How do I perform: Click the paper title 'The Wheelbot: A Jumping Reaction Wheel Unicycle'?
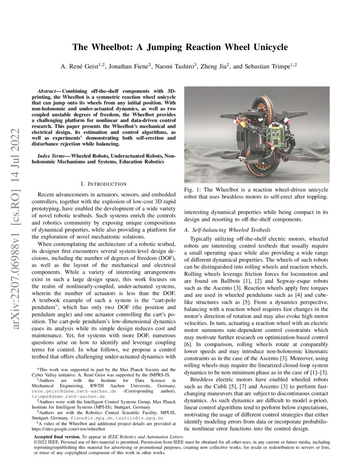click(180, 47)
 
